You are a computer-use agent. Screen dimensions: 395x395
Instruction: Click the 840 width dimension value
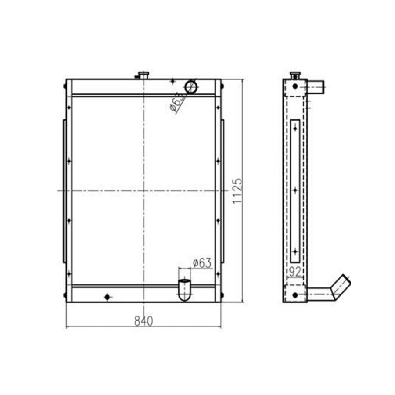tap(144, 321)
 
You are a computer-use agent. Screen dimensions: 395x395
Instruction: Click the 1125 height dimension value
tap(237, 190)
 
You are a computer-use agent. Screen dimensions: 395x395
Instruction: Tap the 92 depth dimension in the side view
tap(295, 272)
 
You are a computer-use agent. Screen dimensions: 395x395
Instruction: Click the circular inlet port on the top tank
tap(191, 86)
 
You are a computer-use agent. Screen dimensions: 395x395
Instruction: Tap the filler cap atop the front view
tap(144, 75)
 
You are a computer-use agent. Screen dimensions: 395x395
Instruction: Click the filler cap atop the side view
tap(295, 75)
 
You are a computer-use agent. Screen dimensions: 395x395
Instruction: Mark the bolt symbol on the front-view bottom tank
tap(107, 297)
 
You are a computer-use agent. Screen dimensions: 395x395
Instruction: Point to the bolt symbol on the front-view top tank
tap(172, 81)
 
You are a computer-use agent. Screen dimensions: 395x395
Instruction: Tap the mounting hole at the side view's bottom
tap(295, 294)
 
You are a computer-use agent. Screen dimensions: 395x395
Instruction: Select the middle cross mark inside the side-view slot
tap(295, 190)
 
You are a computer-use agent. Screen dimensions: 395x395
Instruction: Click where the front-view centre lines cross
tap(144, 190)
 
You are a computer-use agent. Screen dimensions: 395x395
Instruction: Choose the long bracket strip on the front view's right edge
tap(223, 190)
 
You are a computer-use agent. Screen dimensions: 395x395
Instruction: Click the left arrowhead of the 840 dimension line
tap(67, 327)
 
